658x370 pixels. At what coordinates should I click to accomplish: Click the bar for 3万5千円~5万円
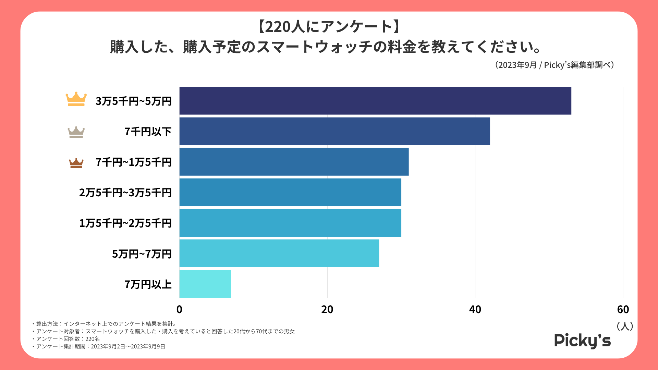[x=375, y=101]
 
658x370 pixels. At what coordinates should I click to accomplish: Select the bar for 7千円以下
[x=334, y=131]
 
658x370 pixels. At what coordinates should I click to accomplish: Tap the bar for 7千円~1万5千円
[x=294, y=162]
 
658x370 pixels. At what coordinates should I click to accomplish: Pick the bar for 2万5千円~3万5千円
[x=290, y=192]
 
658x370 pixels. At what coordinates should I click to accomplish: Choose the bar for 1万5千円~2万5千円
[x=290, y=223]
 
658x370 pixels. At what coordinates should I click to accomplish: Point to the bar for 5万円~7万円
[x=279, y=253]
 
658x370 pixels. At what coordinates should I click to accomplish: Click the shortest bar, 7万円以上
[x=205, y=284]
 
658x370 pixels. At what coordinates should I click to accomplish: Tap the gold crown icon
[x=76, y=99]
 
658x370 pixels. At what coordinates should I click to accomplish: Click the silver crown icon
[x=76, y=132]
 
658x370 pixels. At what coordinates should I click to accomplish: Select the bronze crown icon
[x=76, y=163]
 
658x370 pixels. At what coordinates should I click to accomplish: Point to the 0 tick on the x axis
[x=179, y=310]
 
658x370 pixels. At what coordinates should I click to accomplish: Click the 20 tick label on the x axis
[x=327, y=310]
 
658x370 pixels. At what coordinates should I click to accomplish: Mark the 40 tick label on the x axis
[x=475, y=310]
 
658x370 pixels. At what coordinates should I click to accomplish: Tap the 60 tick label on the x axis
[x=623, y=310]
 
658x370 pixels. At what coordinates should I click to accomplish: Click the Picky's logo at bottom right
[x=582, y=341]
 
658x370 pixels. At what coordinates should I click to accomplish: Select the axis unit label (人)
[x=624, y=326]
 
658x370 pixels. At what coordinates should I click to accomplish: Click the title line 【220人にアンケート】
[x=329, y=27]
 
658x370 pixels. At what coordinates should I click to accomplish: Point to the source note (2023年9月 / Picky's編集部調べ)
[x=554, y=65]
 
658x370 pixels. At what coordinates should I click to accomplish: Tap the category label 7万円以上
[x=148, y=284]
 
